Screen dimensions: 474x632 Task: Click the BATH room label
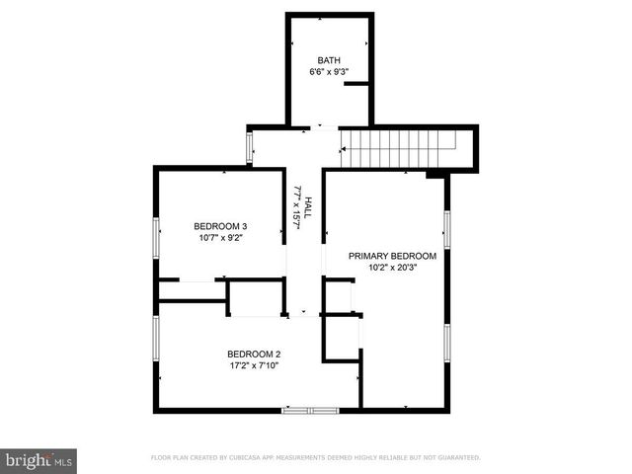click(329, 61)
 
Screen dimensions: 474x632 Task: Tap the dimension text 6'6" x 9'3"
click(329, 73)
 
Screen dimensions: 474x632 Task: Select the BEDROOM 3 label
click(220, 226)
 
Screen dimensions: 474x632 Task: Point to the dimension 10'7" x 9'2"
click(220, 238)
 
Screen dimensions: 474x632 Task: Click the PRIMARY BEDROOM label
click(392, 255)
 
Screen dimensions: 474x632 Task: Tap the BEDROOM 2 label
click(254, 355)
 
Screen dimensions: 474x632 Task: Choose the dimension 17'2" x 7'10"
click(254, 366)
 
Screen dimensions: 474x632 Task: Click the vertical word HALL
click(308, 205)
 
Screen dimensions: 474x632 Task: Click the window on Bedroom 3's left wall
click(155, 239)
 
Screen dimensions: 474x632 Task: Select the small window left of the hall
click(249, 147)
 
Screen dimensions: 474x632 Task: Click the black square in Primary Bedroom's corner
click(434, 175)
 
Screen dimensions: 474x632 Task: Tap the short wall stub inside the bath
click(356, 85)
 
